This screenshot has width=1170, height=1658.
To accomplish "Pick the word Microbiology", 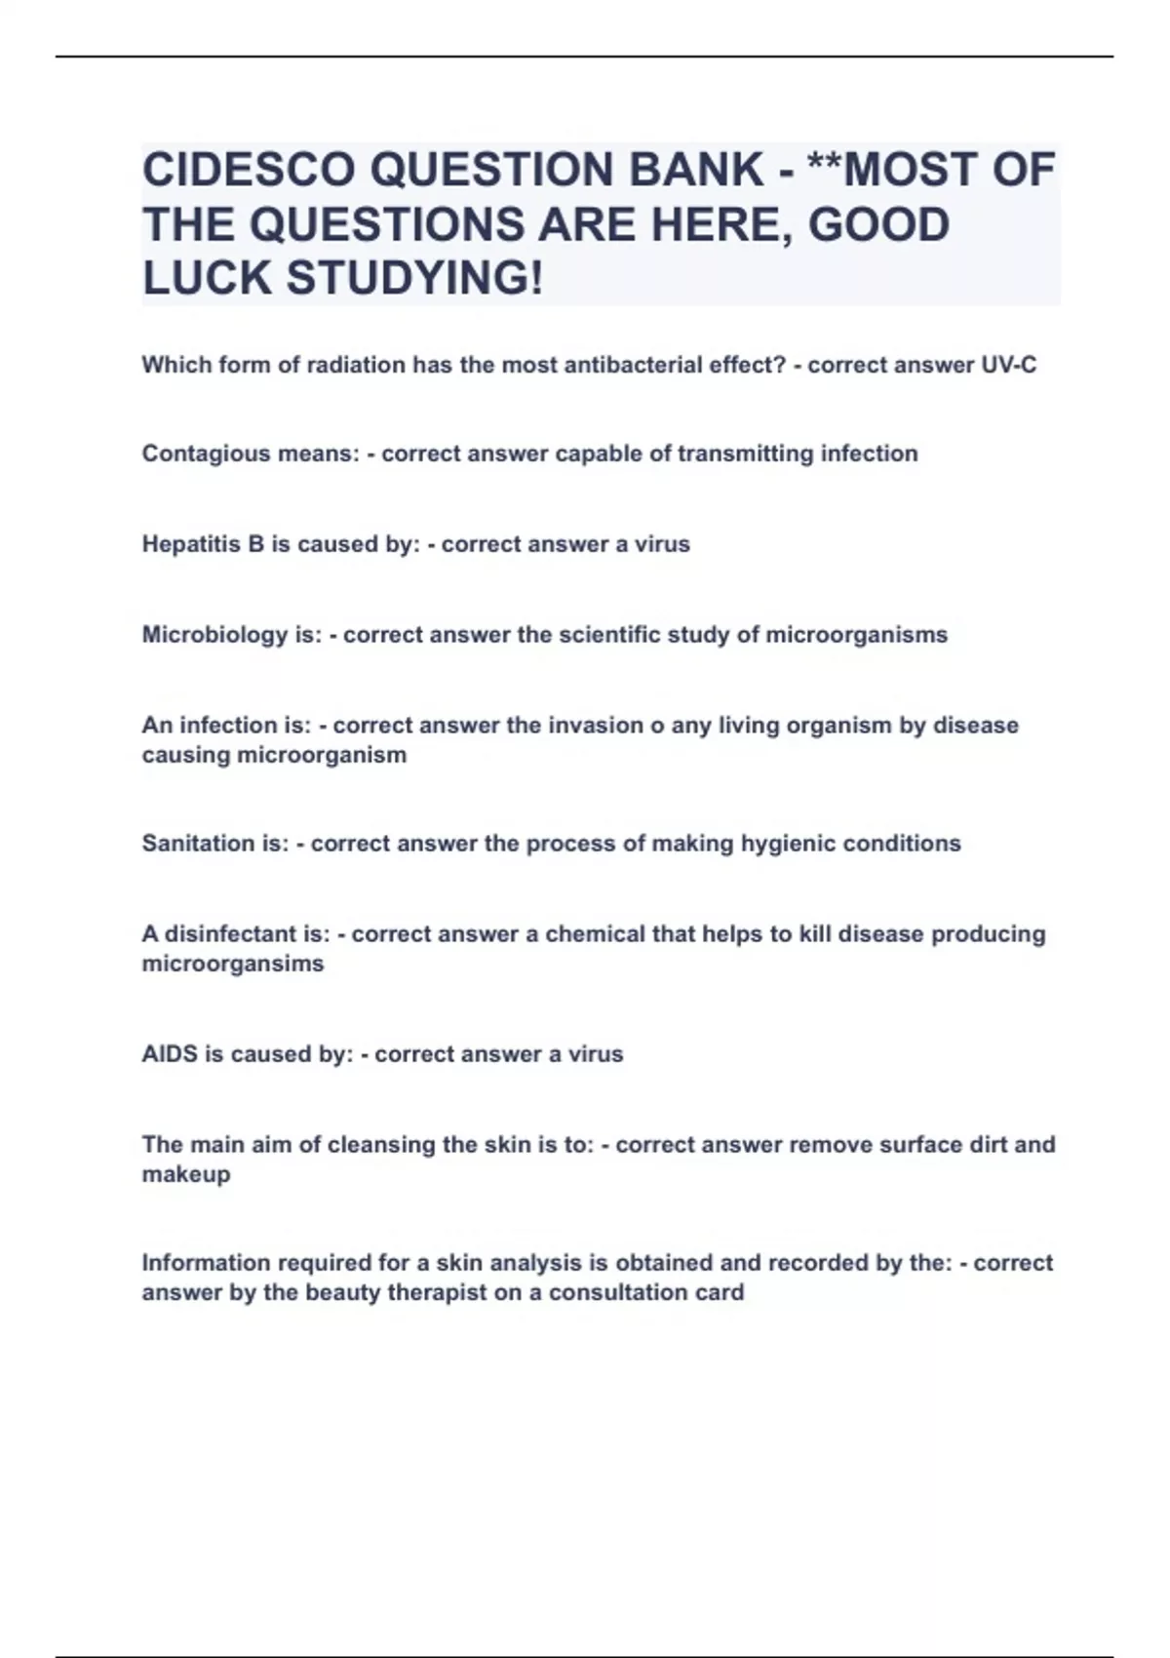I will pyautogui.click(x=215, y=635).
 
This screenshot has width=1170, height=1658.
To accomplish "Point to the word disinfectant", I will pyautogui.click(x=225, y=934).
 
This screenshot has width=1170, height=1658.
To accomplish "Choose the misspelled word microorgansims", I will pyautogui.click(x=233, y=964).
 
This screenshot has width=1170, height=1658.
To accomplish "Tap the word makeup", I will pyautogui.click(x=186, y=1174).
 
